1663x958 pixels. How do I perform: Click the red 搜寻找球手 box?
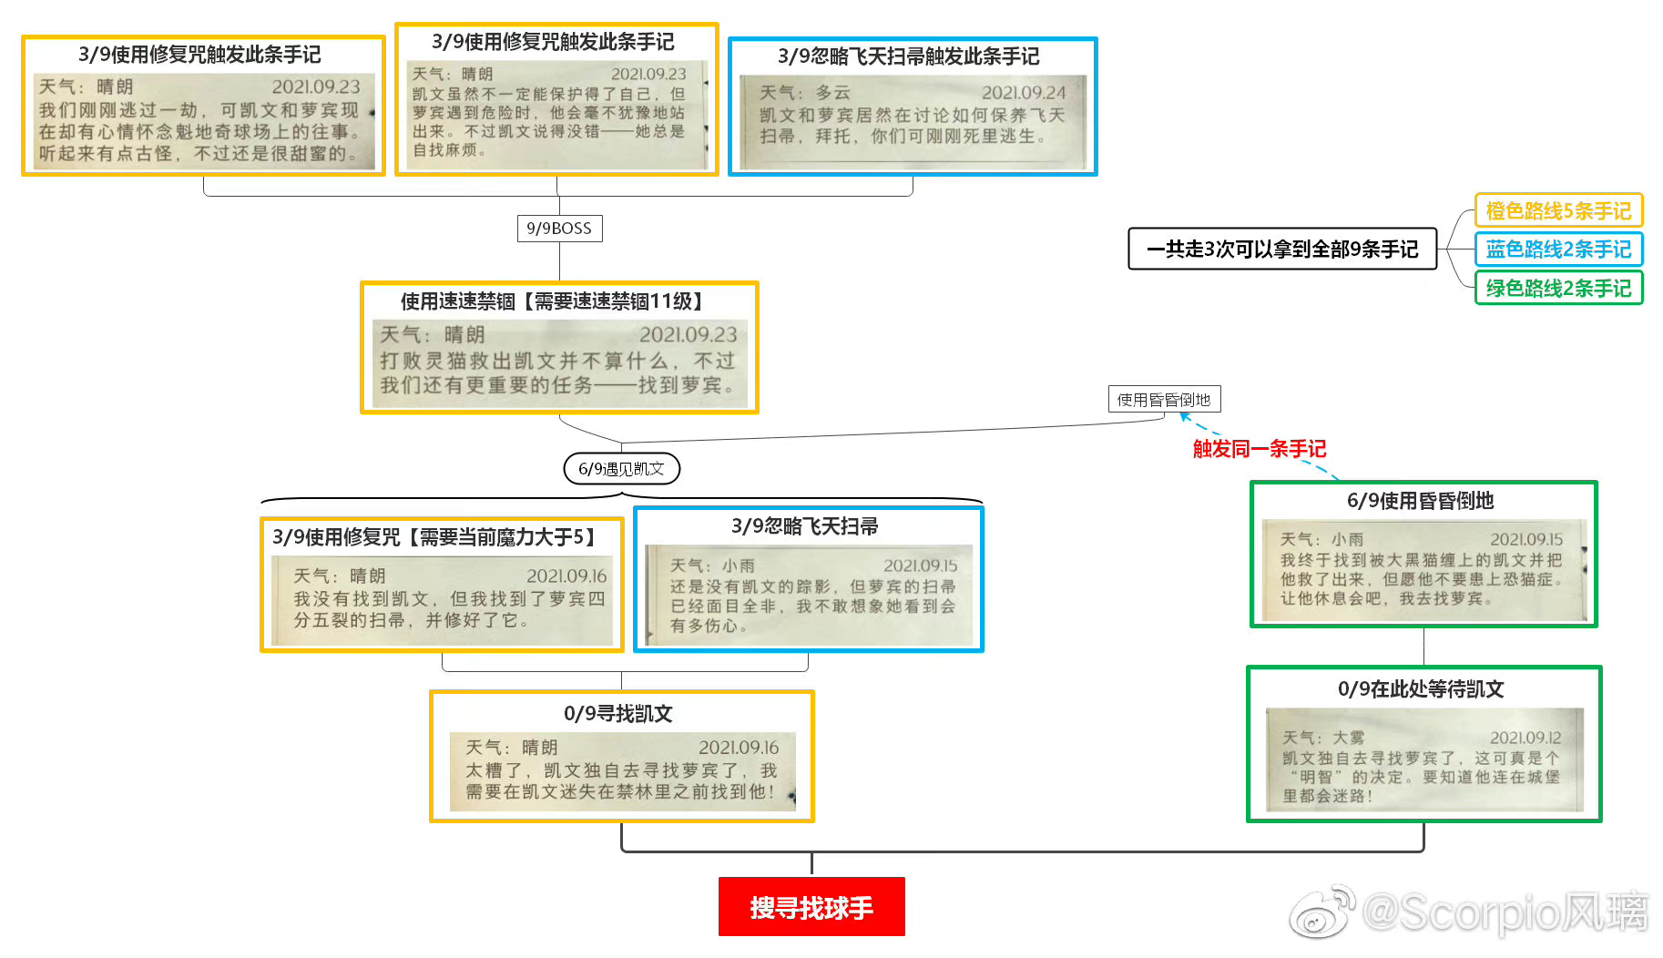pyautogui.click(x=811, y=906)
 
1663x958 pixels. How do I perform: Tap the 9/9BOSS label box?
pyautogui.click(x=559, y=229)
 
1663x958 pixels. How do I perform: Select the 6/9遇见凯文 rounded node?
pyautogui.click(x=622, y=469)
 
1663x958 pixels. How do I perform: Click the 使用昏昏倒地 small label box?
pyautogui.click(x=1164, y=399)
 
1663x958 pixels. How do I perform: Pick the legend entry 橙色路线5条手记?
pyautogui.click(x=1558, y=210)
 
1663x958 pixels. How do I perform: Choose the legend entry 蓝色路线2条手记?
pyautogui.click(x=1558, y=249)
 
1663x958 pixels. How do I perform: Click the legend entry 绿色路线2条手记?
pyautogui.click(x=1558, y=288)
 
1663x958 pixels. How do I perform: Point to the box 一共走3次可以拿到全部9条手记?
pyautogui.click(x=1282, y=249)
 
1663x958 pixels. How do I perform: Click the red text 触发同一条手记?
pyautogui.click(x=1260, y=449)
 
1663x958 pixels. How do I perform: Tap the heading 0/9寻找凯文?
pyautogui.click(x=618, y=713)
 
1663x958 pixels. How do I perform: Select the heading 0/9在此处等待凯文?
pyautogui.click(x=1421, y=689)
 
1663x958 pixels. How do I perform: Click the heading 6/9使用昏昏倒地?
pyautogui.click(x=1421, y=501)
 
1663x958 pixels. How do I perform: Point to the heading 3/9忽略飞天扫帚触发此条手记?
pyautogui.click(x=908, y=56)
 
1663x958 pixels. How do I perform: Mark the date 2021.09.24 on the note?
pyautogui.click(x=1024, y=93)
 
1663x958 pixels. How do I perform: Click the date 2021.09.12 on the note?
pyautogui.click(x=1525, y=738)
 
